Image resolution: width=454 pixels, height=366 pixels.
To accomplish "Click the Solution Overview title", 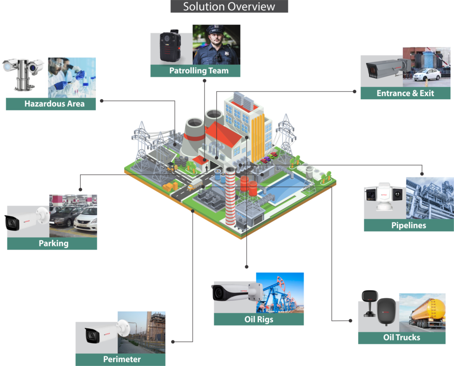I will click(x=229, y=7).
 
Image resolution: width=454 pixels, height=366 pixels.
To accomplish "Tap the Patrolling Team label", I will click(x=199, y=71).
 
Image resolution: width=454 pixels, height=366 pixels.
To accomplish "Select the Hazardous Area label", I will click(x=54, y=104).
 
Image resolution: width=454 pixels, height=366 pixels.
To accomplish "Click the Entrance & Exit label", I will click(x=405, y=93).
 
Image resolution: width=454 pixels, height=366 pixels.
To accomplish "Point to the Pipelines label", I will click(x=408, y=226).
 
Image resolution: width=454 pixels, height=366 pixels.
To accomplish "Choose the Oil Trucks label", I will click(x=402, y=338).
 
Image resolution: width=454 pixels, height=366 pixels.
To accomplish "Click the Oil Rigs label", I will click(x=258, y=319).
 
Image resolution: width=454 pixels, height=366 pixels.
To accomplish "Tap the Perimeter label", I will click(x=121, y=359).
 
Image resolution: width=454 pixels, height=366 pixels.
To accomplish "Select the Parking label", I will click(x=53, y=244).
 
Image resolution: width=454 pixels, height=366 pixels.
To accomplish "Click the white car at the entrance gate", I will click(x=427, y=74).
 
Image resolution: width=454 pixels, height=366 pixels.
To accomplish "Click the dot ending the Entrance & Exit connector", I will click(x=355, y=92).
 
